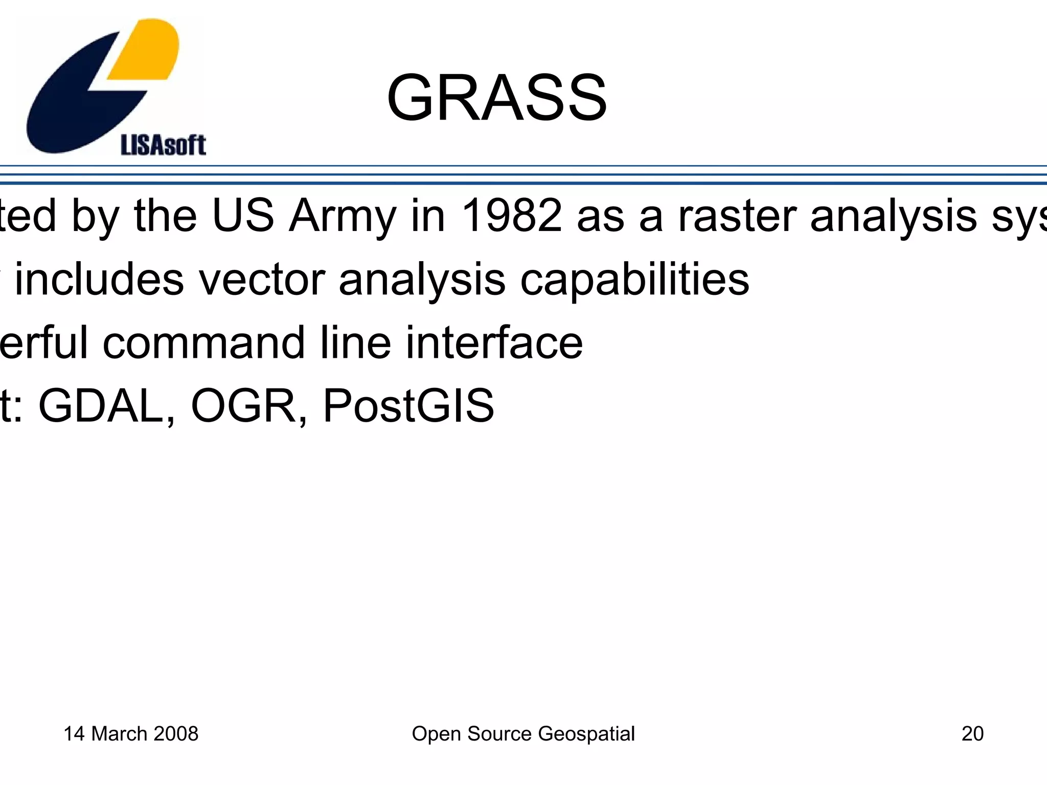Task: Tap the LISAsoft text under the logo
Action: pyautogui.click(x=163, y=146)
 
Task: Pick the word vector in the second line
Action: pyautogui.click(x=261, y=280)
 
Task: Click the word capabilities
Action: pyautogui.click(x=634, y=281)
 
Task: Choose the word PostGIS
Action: pyautogui.click(x=408, y=406)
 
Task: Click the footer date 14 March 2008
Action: pyautogui.click(x=131, y=733)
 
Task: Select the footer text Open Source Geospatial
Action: pyautogui.click(x=523, y=734)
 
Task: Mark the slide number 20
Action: pyautogui.click(x=972, y=733)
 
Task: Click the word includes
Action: pyautogui.click(x=99, y=280)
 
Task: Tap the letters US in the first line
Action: pyautogui.click(x=243, y=216)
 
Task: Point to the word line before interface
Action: pyautogui.click(x=356, y=342)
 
